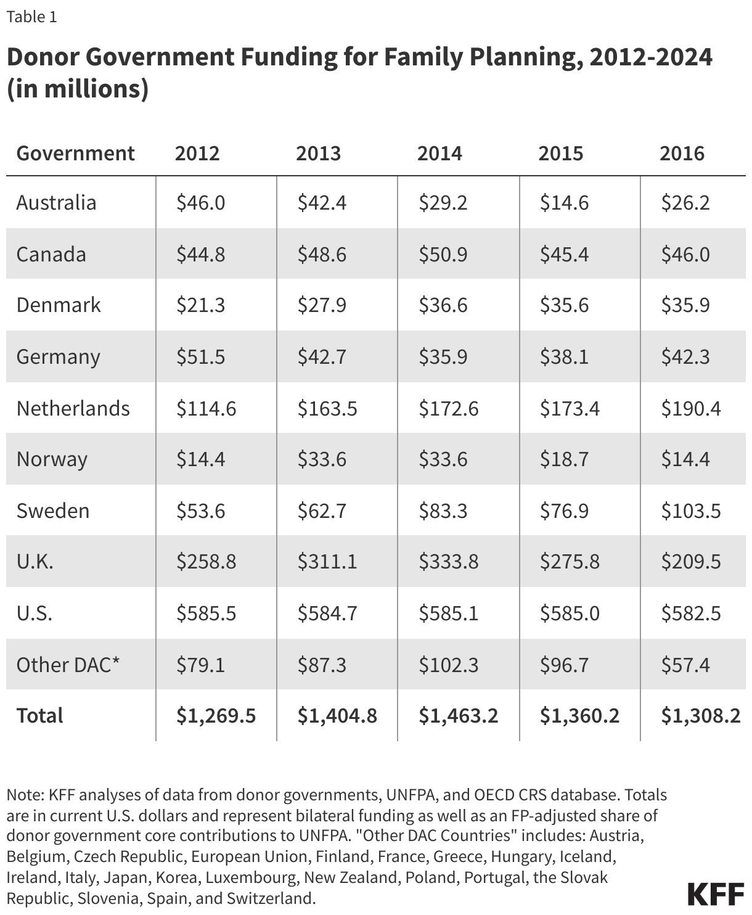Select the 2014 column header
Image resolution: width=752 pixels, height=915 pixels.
tap(439, 153)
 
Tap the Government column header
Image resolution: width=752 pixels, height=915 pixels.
tap(75, 153)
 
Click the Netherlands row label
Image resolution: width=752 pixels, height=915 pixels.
tap(73, 408)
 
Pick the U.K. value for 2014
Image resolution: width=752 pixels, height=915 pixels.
tap(448, 562)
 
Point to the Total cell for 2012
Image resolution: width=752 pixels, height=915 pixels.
tap(216, 715)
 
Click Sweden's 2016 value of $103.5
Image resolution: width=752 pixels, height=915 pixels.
tap(690, 511)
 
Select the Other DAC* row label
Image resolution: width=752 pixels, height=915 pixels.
tap(68, 665)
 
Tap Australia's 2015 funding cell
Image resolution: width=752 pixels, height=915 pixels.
tap(564, 203)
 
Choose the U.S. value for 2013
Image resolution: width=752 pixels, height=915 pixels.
tap(327, 613)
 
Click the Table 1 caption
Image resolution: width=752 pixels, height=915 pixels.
tap(31, 17)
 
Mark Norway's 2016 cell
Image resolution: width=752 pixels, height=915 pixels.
tap(685, 459)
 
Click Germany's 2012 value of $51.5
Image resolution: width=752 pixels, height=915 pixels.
tap(200, 357)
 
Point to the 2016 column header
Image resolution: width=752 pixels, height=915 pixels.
tap(682, 153)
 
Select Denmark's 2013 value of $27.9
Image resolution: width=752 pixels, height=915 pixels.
tap(322, 305)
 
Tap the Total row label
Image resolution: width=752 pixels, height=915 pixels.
tap(39, 715)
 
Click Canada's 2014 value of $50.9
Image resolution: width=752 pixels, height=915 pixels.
tap(443, 254)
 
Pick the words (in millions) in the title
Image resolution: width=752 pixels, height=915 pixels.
tap(78, 89)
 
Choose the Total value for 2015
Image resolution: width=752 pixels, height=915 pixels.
tap(579, 715)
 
